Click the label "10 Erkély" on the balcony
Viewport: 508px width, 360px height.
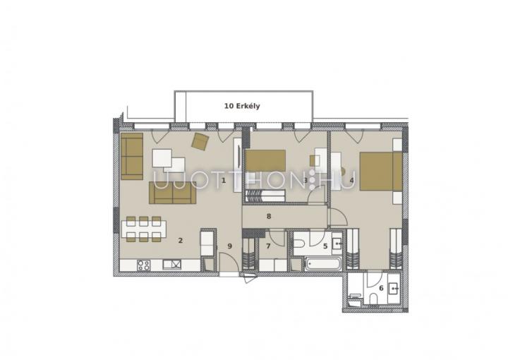pyautogui.click(x=242, y=106)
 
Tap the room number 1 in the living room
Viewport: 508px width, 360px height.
pyautogui.click(x=223, y=180)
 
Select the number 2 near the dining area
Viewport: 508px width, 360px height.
pyautogui.click(x=181, y=241)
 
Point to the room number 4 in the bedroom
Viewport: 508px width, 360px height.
pyautogui.click(x=351, y=180)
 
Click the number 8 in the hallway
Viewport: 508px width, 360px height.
pyautogui.click(x=269, y=216)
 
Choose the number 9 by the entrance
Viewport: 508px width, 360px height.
pyautogui.click(x=230, y=246)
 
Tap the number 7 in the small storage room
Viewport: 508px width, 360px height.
pyautogui.click(x=268, y=246)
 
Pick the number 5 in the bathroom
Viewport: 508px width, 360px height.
pyautogui.click(x=325, y=246)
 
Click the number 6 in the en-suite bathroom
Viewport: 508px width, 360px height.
pyautogui.click(x=381, y=288)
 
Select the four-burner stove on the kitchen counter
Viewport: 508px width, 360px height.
pyautogui.click(x=143, y=265)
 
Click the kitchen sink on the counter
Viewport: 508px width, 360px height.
pyautogui.click(x=171, y=265)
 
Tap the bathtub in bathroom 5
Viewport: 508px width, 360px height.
pyautogui.click(x=323, y=264)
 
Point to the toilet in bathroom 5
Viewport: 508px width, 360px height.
pyautogui.click(x=298, y=244)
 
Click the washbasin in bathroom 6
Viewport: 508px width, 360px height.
pyautogui.click(x=393, y=288)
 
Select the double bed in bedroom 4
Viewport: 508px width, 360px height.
pyautogui.click(x=381, y=171)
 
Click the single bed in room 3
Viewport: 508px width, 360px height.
pyautogui.click(x=265, y=160)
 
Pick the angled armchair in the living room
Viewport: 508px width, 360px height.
pyautogui.click(x=200, y=142)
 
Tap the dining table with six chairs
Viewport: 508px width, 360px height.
pyautogui.click(x=144, y=229)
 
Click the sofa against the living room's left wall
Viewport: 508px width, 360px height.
pyautogui.click(x=132, y=156)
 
